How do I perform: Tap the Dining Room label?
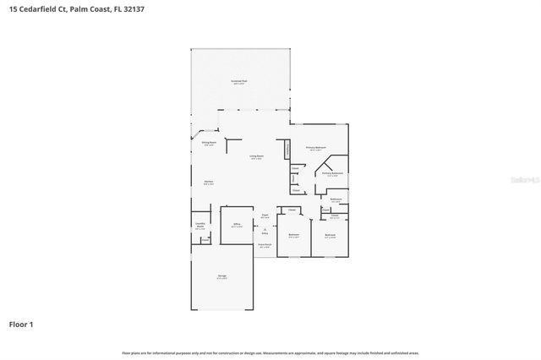209,144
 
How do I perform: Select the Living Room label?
256,157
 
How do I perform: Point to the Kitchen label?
208,182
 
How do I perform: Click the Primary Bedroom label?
316,149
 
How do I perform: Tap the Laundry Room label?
200,226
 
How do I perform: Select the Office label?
238,225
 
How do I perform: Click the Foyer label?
265,215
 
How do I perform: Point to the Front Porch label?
265,246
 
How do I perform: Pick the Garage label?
221,277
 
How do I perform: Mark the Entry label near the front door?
265,232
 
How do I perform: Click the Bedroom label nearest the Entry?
293,235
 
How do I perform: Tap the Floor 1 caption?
20,324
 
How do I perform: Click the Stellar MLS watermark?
525,180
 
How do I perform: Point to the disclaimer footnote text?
270,352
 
